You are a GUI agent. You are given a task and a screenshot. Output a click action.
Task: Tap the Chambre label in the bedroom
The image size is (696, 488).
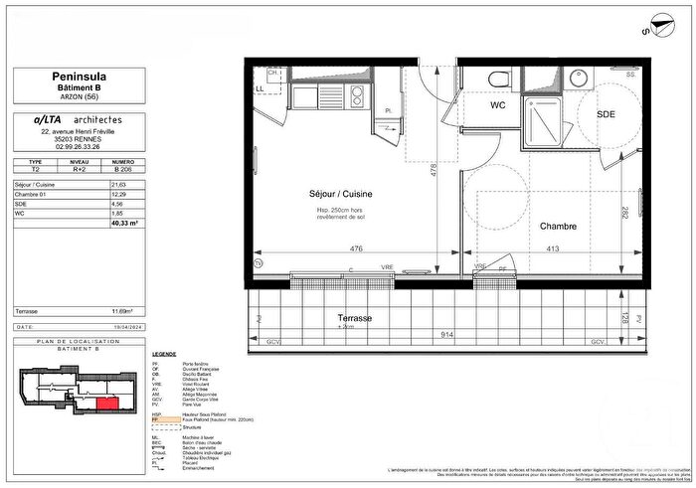[558, 226]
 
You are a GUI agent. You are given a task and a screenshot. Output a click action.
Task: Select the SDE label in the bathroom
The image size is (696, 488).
[606, 114]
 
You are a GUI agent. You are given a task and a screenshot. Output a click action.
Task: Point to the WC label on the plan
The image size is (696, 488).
[499, 104]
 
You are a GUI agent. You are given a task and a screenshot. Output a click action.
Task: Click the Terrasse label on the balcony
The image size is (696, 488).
[353, 317]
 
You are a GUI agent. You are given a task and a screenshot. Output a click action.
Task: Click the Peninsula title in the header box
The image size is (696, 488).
[80, 75]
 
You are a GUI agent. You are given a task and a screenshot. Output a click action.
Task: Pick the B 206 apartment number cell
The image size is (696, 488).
[122, 170]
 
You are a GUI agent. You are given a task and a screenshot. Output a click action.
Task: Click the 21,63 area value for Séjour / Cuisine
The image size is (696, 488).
[119, 185]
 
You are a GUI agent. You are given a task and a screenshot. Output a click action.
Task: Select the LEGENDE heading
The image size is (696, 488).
[163, 354]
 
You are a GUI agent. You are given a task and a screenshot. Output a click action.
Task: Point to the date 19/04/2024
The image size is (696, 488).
[121, 326]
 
